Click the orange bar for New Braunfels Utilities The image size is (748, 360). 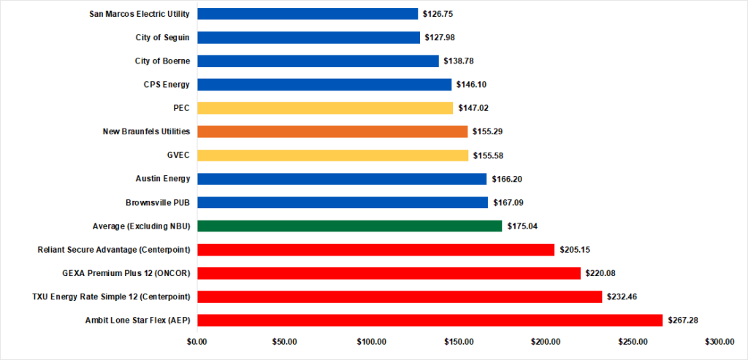pyautogui.click(x=332, y=131)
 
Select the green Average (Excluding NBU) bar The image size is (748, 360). pyautogui.click(x=349, y=226)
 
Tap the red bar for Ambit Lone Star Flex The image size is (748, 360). pyautogui.click(x=430, y=320)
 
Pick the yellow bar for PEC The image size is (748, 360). pyautogui.click(x=325, y=108)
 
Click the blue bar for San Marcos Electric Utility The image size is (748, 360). pyautogui.click(x=308, y=14)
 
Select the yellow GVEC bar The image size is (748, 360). pyautogui.click(x=332, y=155)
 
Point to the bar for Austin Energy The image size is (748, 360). pyautogui.click(x=342, y=179)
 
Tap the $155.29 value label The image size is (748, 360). pyautogui.click(x=488, y=132)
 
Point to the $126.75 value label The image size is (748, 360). pyautogui.click(x=438, y=14)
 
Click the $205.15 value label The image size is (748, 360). pyautogui.click(x=575, y=250)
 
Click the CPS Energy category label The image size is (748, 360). pyautogui.click(x=167, y=85)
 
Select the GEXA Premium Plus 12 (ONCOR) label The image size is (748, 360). pyautogui.click(x=126, y=273)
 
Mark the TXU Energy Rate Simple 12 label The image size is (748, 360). pyautogui.click(x=111, y=296)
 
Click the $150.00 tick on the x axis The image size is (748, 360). pyautogui.click(x=458, y=342)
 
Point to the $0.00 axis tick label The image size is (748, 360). pyautogui.click(x=197, y=342)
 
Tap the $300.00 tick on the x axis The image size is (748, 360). pyautogui.click(x=720, y=342)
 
